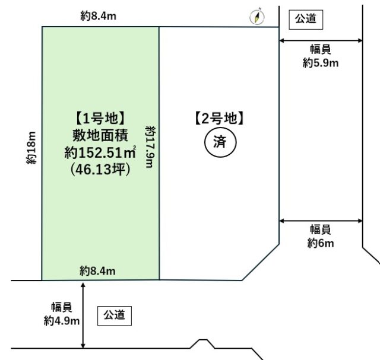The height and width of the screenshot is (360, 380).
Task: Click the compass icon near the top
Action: pyautogui.click(x=257, y=16)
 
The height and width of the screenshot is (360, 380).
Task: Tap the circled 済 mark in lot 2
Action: pyautogui.click(x=220, y=142)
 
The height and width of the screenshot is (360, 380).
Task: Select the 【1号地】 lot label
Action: pyautogui.click(x=100, y=119)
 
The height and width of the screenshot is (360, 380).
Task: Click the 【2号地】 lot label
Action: pyautogui.click(x=219, y=119)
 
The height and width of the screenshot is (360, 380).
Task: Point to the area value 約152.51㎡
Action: pyautogui.click(x=100, y=152)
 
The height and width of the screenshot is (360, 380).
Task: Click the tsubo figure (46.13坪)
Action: pyautogui.click(x=100, y=169)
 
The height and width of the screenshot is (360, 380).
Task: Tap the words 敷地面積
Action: pyautogui.click(x=100, y=135)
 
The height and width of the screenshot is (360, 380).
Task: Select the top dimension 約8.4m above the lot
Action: pyautogui.click(x=99, y=16)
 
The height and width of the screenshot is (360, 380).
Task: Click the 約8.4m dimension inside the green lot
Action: pyautogui.click(x=97, y=271)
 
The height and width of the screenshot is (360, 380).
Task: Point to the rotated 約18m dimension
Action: pyautogui.click(x=31, y=148)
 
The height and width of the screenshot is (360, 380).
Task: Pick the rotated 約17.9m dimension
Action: pyautogui.click(x=150, y=146)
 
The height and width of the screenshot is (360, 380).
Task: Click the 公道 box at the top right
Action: pyautogui.click(x=306, y=20)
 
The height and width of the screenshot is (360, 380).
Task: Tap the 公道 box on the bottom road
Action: pyautogui.click(x=115, y=316)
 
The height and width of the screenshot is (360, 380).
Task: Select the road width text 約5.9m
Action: pyautogui.click(x=321, y=63)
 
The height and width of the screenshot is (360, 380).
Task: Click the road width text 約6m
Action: pyautogui.click(x=321, y=243)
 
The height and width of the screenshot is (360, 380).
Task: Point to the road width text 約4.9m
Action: pyautogui.click(x=62, y=321)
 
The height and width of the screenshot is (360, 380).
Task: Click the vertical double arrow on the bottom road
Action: pyautogui.click(x=83, y=315)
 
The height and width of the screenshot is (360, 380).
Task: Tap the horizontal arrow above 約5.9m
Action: pyautogui.click(x=321, y=41)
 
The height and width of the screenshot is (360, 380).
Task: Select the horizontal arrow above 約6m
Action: pyautogui.click(x=321, y=221)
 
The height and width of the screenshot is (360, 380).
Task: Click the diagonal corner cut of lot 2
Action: pyautogui.click(x=261, y=262)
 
